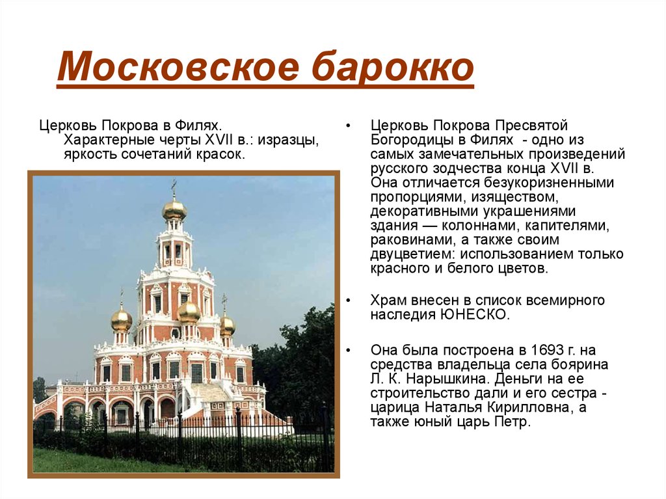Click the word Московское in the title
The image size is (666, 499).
coord(178,67)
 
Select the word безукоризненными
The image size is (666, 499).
coord(549,183)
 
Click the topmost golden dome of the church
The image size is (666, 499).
coord(174,209)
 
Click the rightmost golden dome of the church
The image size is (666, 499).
coord(228,325)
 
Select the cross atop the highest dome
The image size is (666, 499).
coord(174,187)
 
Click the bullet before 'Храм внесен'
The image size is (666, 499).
coord(349,301)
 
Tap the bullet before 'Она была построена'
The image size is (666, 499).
coord(349,351)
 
